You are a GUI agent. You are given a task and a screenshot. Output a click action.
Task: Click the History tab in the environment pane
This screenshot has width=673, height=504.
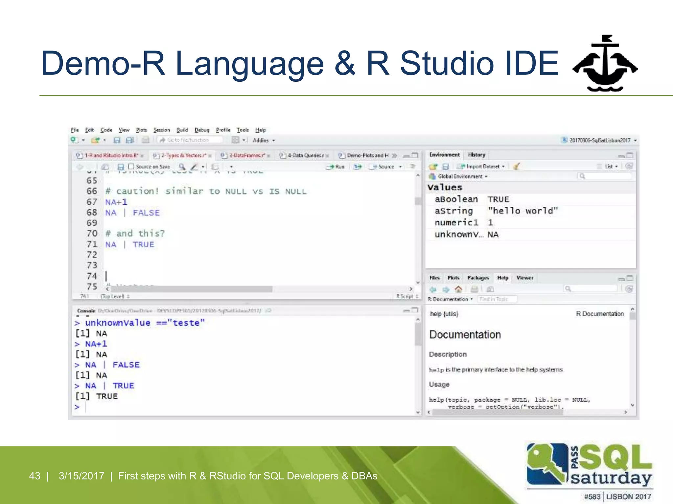point(476,155)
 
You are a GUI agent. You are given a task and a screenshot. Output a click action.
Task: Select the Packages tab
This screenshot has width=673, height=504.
point(478,278)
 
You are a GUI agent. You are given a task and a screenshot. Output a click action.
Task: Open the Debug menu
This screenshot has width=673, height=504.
point(202,130)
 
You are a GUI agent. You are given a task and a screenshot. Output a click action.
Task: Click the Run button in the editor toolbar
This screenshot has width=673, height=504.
point(336,167)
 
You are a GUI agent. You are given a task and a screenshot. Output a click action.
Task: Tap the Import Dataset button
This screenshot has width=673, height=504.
point(482,166)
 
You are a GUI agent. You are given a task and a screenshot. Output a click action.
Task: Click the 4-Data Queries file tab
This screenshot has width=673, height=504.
point(305,156)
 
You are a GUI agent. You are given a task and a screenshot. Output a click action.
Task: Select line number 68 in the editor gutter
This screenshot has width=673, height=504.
point(92,213)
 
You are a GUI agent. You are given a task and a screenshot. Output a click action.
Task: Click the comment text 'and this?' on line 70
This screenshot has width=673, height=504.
point(140,233)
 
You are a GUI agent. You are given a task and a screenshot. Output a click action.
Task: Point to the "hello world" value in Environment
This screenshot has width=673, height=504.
point(523,211)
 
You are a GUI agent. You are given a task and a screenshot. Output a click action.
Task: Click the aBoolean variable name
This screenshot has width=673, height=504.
point(456,199)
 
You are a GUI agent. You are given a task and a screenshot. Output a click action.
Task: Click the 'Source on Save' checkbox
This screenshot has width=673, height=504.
point(131,167)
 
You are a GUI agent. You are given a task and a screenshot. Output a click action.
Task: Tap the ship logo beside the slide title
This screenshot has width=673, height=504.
point(605,64)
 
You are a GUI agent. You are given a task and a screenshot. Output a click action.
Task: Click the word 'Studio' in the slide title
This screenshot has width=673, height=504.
point(447,63)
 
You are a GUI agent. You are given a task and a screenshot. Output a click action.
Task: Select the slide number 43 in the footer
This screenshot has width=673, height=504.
point(35,476)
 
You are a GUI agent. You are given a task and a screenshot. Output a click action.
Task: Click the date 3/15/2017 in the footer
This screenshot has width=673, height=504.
point(81,476)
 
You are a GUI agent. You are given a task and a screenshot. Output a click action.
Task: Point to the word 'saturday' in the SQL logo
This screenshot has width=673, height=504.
point(611,478)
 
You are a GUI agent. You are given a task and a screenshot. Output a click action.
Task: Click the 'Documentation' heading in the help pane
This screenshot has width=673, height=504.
point(465,335)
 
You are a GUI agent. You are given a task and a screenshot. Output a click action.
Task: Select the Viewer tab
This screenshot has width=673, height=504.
point(524,278)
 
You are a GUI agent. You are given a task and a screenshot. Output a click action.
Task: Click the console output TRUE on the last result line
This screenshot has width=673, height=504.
point(107,396)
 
